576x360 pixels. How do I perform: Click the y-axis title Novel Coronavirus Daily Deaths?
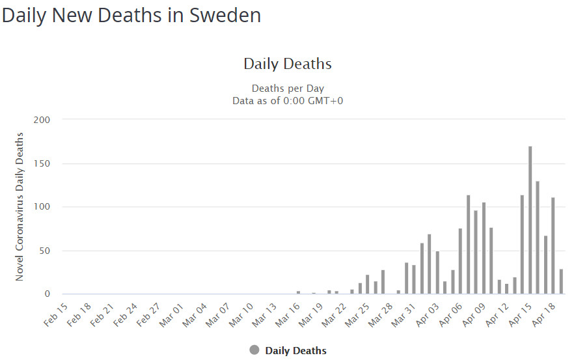pyautogui.click(x=20, y=206)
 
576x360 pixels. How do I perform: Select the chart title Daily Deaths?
pyautogui.click(x=288, y=64)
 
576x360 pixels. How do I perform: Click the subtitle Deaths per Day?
pyautogui.click(x=288, y=89)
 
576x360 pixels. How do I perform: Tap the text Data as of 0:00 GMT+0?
pyautogui.click(x=288, y=101)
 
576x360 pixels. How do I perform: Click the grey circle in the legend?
pyautogui.click(x=254, y=350)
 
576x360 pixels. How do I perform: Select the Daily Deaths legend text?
pyautogui.click(x=295, y=351)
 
